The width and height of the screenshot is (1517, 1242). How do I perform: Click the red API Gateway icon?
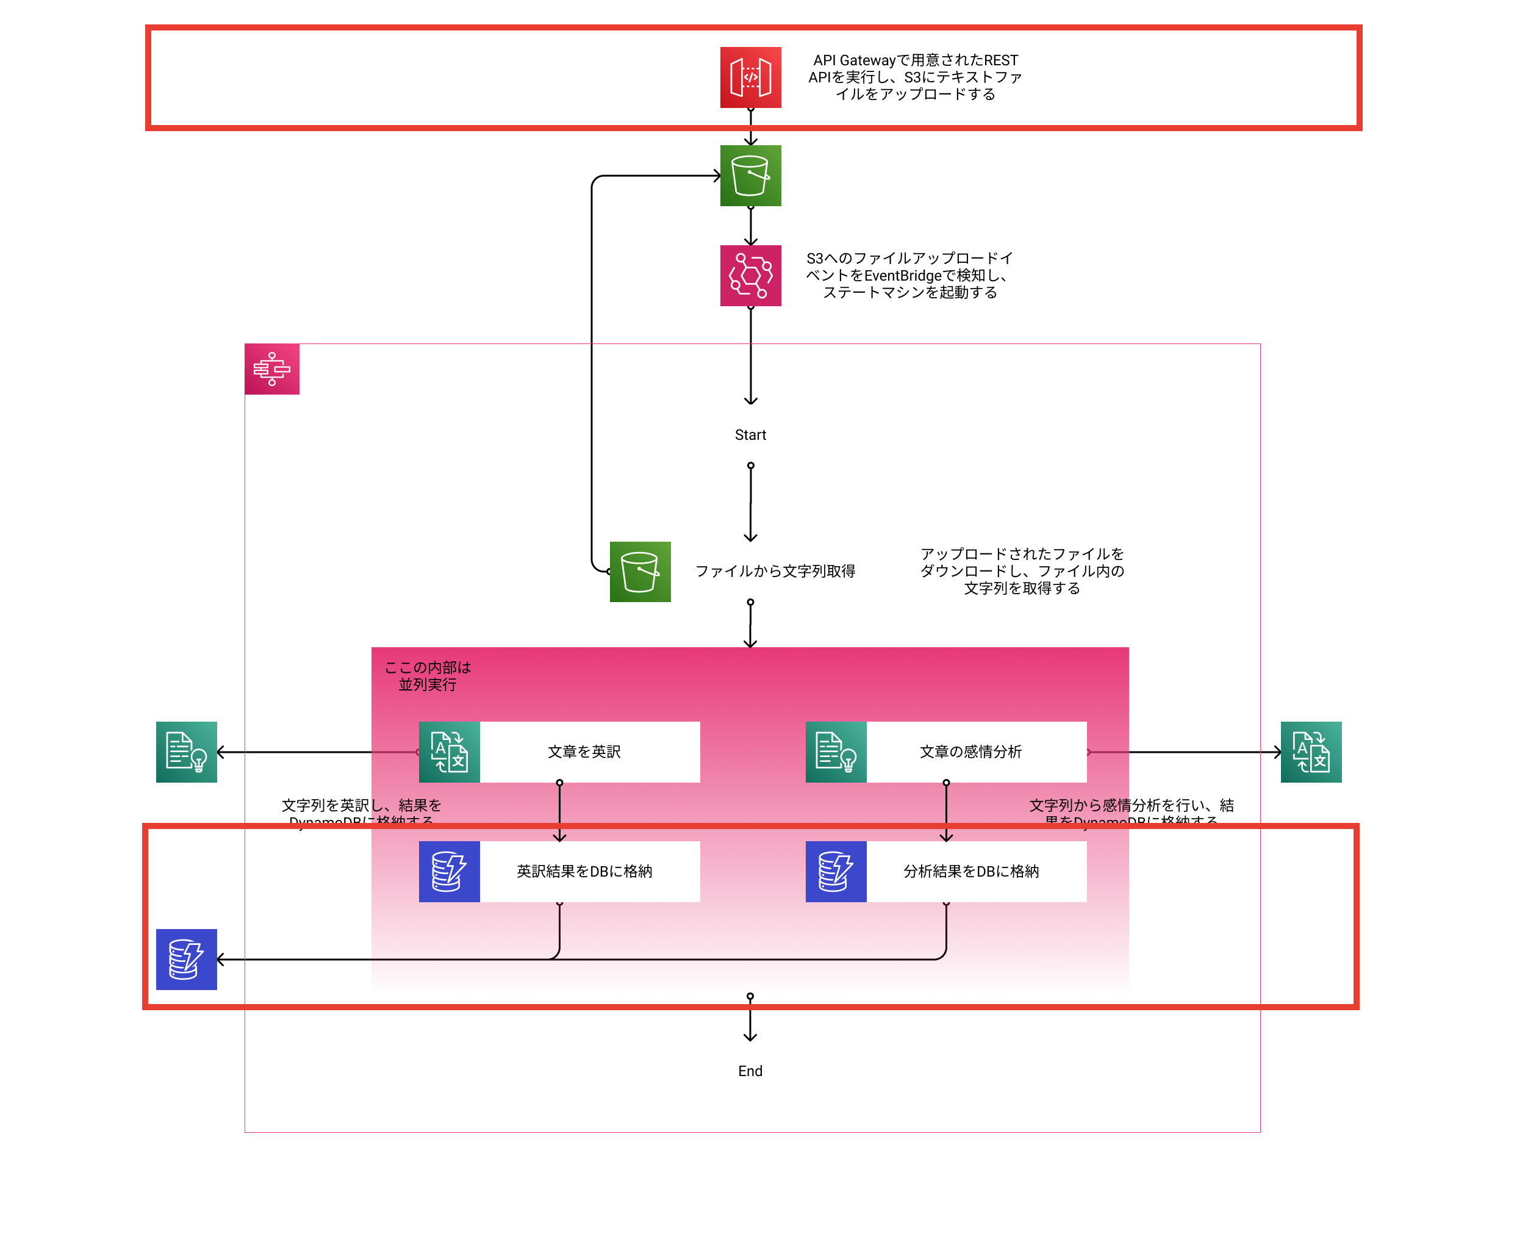pyautogui.click(x=750, y=77)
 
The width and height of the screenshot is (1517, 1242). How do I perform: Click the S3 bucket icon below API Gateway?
pyautogui.click(x=750, y=175)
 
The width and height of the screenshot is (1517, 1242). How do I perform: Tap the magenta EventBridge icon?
pyautogui.click(x=750, y=276)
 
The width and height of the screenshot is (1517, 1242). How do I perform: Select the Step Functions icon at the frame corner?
pyautogui.click(x=272, y=369)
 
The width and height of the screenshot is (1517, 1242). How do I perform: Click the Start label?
pyautogui.click(x=750, y=435)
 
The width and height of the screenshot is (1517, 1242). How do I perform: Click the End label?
pyautogui.click(x=750, y=1071)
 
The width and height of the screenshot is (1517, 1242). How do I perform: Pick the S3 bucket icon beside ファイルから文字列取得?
pyautogui.click(x=640, y=572)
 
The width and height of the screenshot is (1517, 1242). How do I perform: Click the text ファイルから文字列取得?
pyautogui.click(x=775, y=571)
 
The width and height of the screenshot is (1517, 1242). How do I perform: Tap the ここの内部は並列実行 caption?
pyautogui.click(x=428, y=676)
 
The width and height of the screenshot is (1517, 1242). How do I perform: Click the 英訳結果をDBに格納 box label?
pyautogui.click(x=584, y=871)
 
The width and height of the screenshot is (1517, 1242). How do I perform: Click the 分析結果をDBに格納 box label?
pyautogui.click(x=970, y=871)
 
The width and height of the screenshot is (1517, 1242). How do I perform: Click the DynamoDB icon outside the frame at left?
pyautogui.click(x=187, y=960)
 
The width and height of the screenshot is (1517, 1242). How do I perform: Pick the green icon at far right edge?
pyautogui.click(x=1311, y=752)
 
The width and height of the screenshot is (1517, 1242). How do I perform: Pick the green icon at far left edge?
pyautogui.click(x=187, y=752)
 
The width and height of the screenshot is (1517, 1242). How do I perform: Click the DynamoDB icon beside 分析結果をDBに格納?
pyautogui.click(x=836, y=871)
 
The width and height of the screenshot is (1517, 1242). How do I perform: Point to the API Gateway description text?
pyautogui.click(x=915, y=77)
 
